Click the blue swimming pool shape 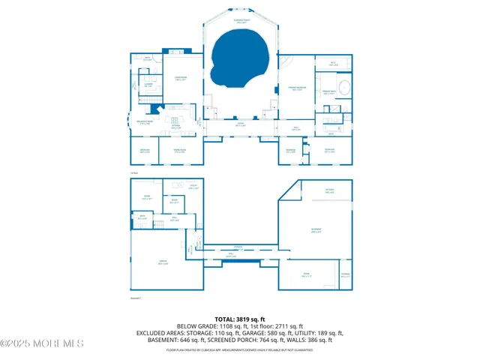pos(239,58)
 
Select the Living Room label pos(181,78)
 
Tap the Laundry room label pos(149,85)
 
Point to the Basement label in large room pos(316,230)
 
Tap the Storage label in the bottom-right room pos(345,274)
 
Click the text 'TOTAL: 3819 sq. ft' pos(239,319)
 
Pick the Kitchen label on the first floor pos(175,127)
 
